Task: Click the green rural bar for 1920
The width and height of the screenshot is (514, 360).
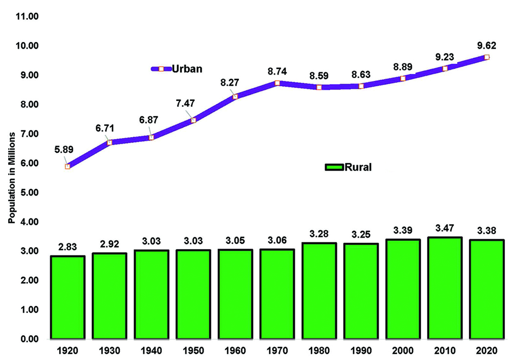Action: (68, 297)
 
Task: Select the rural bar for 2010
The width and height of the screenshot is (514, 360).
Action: (445, 288)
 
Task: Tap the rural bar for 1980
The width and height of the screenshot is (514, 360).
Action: (319, 291)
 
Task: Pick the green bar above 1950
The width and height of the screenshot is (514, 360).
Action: (193, 294)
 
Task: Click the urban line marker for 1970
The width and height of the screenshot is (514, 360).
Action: (277, 83)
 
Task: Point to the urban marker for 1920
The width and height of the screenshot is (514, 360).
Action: (68, 166)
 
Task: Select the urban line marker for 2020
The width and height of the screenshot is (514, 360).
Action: (487, 57)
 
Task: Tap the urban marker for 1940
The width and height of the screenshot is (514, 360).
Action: (151, 138)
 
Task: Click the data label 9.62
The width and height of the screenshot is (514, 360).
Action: (487, 46)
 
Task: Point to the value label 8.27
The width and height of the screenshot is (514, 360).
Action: (229, 82)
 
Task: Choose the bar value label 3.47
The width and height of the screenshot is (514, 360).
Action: (445, 228)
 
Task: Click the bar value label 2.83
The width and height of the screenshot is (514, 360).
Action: (68, 247)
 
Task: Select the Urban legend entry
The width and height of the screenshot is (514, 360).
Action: (177, 69)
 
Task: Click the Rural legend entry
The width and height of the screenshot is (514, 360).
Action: (348, 167)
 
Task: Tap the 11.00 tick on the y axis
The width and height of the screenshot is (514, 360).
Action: (27, 16)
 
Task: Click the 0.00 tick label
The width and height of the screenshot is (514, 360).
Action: (29, 339)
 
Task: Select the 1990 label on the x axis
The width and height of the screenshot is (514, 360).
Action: (361, 351)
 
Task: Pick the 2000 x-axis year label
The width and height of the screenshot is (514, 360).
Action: (403, 351)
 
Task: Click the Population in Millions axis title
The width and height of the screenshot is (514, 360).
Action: (12, 178)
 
